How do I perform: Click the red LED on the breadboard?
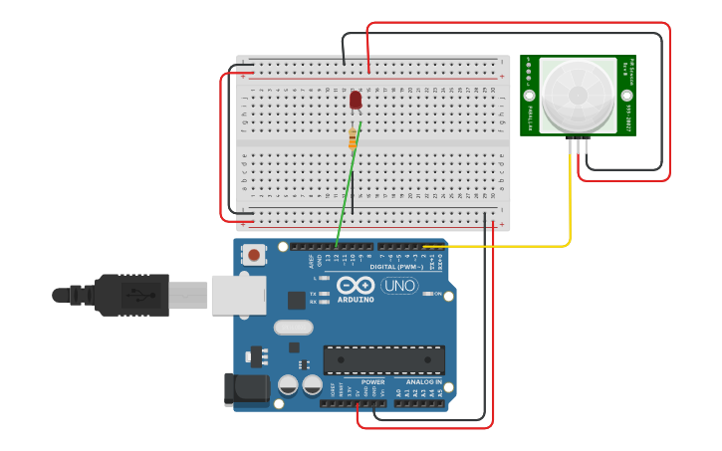point(356,100)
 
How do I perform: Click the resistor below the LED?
point(353,138)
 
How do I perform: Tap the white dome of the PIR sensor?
point(577,95)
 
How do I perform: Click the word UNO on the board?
point(399,286)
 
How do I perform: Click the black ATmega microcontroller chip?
point(383,359)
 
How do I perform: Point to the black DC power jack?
point(245,389)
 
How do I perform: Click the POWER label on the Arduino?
point(373,381)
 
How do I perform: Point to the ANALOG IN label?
point(423,381)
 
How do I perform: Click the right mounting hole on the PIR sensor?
point(626,96)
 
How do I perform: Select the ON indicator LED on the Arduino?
point(426,294)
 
